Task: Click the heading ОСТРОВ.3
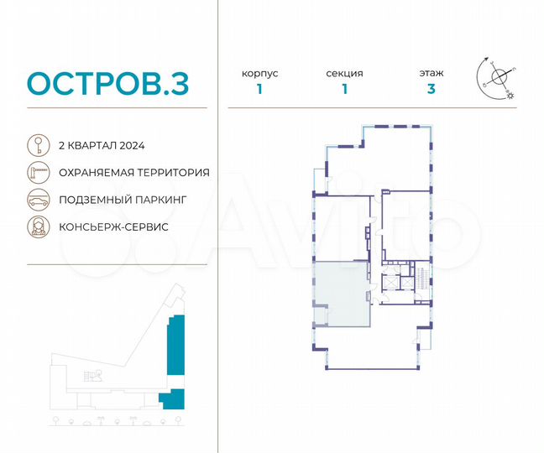(108, 83)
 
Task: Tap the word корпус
(259, 74)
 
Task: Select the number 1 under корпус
(259, 91)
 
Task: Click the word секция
(344, 74)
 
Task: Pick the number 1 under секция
(344, 91)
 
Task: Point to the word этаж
(432, 74)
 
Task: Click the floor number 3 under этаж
(432, 91)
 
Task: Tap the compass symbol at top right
(499, 76)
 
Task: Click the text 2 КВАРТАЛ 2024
(102, 145)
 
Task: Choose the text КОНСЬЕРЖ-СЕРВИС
(113, 227)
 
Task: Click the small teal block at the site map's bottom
(171, 398)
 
